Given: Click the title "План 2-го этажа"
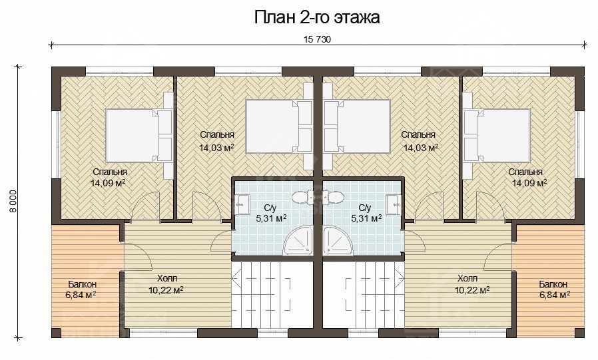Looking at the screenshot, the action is [x=316, y=17].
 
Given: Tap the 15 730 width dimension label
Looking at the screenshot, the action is [x=316, y=39].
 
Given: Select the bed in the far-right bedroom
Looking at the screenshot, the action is [x=497, y=136].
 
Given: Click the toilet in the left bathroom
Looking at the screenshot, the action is [x=303, y=196].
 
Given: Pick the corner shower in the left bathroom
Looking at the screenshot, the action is [x=298, y=240].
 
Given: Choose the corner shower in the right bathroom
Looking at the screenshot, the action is [x=338, y=240].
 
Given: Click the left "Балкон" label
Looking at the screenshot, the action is [x=83, y=285].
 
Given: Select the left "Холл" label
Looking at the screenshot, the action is [x=167, y=278].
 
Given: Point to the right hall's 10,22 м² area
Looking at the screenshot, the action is [x=472, y=290].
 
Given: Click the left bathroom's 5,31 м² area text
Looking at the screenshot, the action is [x=271, y=218].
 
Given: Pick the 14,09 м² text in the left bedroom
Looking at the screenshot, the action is [x=108, y=183].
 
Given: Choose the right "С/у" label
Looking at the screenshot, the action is [x=365, y=208].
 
